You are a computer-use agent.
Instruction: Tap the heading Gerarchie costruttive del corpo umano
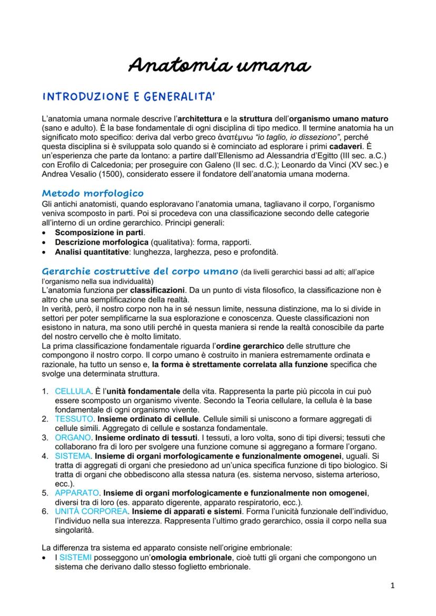point(140,271)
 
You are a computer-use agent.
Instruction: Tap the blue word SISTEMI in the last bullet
point(75,557)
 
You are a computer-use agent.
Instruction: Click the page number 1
point(392,585)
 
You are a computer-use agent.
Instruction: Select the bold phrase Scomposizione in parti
point(100,233)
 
